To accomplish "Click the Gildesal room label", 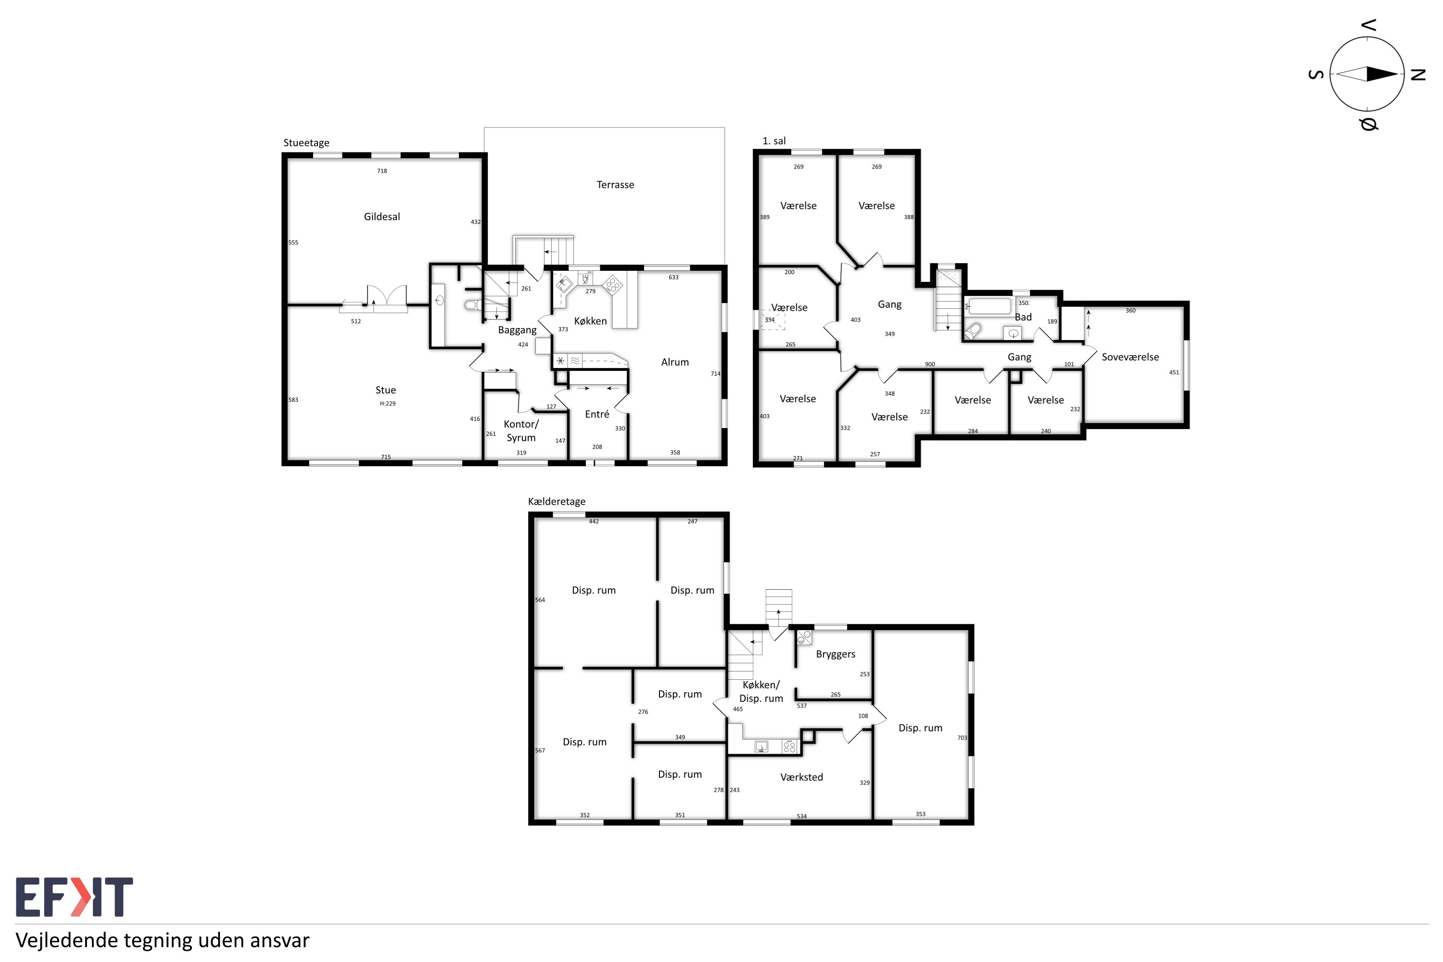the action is tap(381, 216).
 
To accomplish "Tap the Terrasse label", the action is tap(615, 185).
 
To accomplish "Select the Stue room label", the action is tap(385, 390).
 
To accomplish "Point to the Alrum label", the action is tap(675, 362).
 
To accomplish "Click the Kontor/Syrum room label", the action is tap(521, 430).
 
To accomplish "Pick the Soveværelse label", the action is tap(1130, 357).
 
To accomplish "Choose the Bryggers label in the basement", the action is tap(835, 655).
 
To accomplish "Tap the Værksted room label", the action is tap(801, 777).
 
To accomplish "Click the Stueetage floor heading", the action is tap(306, 143).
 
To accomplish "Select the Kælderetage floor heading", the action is tap(557, 501).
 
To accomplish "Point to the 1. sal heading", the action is tap(773, 141).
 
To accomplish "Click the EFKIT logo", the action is tap(74, 897).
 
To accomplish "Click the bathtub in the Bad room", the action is tap(988, 306).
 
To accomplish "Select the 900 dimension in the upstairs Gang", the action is tap(929, 365).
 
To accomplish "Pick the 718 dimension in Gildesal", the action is tap(381, 171).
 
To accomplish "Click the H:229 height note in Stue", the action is tap(387, 404).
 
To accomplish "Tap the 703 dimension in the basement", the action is tap(962, 738).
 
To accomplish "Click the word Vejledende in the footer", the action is tap(66, 940).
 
